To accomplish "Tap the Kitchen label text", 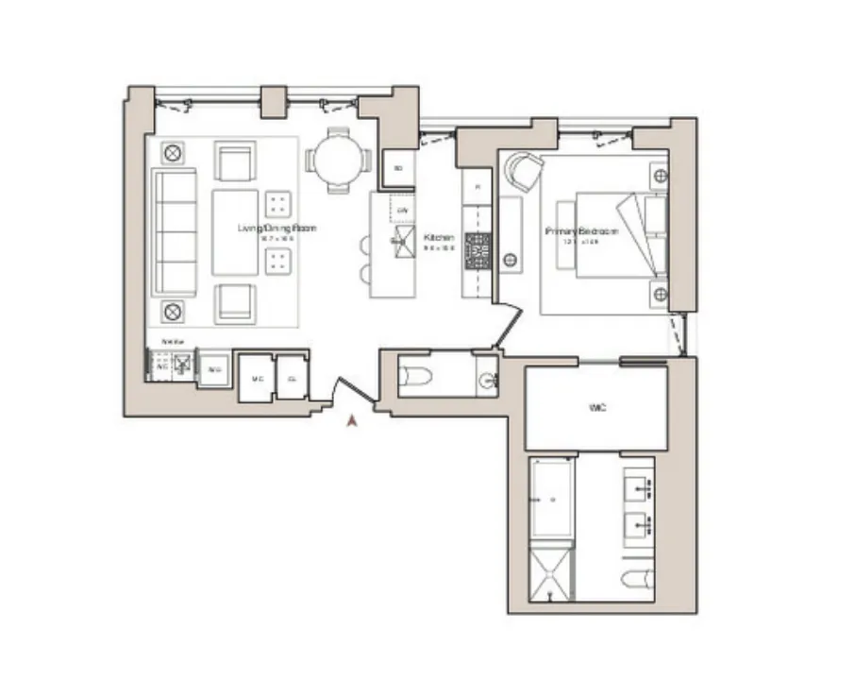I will pos(439,237).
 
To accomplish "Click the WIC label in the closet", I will pos(595,408).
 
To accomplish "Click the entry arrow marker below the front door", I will pos(353,422).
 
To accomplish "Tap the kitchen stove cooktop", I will pos(478,250).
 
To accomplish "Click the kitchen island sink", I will pos(401,239).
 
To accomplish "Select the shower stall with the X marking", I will pos(550,571).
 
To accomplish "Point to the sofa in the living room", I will pos(175,232).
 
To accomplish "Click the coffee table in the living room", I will pos(235,232).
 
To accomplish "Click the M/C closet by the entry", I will pos(254,378).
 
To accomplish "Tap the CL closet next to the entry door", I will pos(292,378).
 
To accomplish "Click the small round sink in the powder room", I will pos(486,381).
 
